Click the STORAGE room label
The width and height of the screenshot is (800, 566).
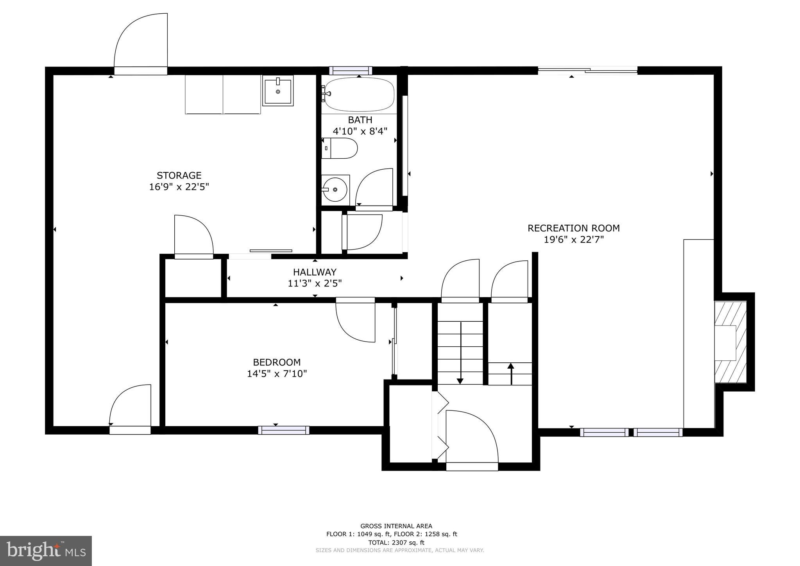click(x=179, y=176)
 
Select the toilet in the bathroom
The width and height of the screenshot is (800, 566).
click(x=340, y=148)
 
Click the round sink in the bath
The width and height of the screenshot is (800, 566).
click(x=335, y=190)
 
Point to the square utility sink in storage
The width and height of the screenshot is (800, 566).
click(x=278, y=91)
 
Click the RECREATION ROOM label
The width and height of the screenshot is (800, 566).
click(x=573, y=228)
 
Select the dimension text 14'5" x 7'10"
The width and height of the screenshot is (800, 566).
click(x=277, y=374)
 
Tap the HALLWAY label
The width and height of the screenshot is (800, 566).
click(x=315, y=272)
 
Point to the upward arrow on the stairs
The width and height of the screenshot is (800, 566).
click(x=510, y=373)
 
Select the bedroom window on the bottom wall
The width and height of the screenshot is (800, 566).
click(x=284, y=430)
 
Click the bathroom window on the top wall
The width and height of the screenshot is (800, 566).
click(x=351, y=71)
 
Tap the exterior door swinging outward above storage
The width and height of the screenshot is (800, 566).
click(x=141, y=43)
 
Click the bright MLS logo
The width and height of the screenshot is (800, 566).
click(x=46, y=551)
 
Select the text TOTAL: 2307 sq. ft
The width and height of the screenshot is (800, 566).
click(x=396, y=543)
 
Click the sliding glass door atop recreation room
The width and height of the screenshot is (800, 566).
click(x=587, y=71)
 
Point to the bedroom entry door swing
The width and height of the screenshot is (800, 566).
click(x=354, y=321)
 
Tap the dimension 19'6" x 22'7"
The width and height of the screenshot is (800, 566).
click(x=573, y=240)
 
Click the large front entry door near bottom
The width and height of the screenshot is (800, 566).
click(x=472, y=438)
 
